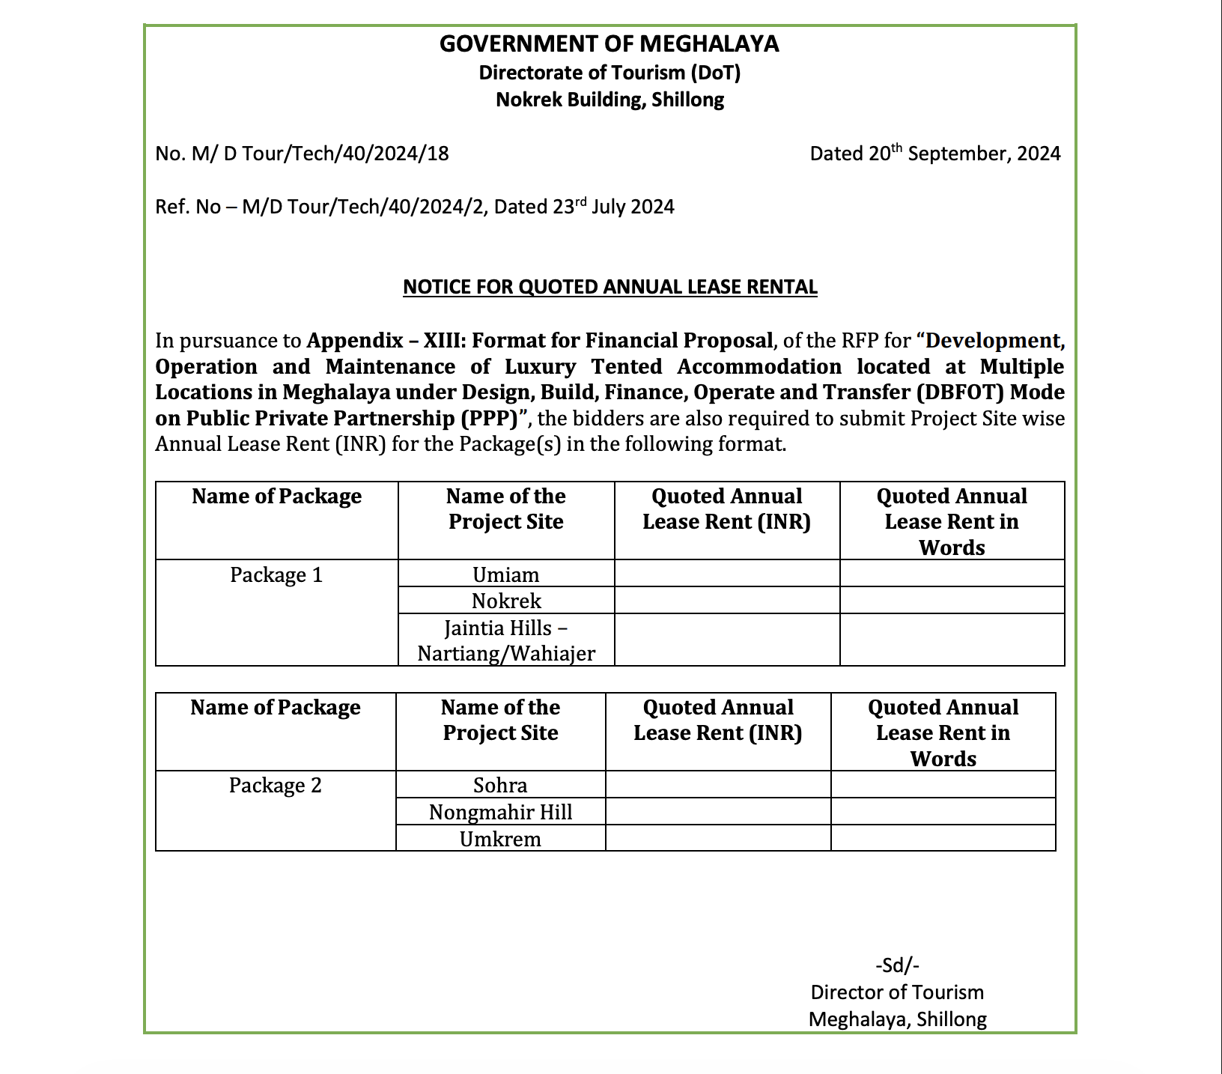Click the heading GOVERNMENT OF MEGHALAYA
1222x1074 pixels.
(x=609, y=44)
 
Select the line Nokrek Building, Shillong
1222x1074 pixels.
(x=610, y=100)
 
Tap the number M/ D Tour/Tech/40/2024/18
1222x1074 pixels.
(x=320, y=154)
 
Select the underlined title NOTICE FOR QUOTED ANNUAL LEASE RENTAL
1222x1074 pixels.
(x=610, y=287)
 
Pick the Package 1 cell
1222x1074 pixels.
(x=276, y=575)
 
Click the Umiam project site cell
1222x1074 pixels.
(x=506, y=575)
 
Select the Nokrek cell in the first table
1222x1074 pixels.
(x=506, y=601)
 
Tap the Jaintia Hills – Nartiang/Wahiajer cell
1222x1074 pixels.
(x=506, y=640)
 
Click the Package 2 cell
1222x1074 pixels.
(x=275, y=786)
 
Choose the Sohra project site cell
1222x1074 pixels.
(x=500, y=786)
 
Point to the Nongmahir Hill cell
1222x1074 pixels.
(x=500, y=812)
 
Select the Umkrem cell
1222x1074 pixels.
(x=500, y=839)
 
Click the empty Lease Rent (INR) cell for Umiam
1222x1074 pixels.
(x=726, y=574)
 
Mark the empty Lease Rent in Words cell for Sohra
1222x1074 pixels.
(x=943, y=785)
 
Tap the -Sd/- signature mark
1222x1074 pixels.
(x=897, y=965)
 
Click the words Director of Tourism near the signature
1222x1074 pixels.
(x=897, y=992)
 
